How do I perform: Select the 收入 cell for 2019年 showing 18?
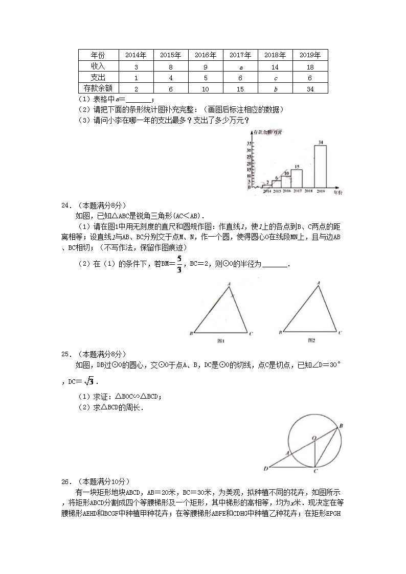[x=310, y=66]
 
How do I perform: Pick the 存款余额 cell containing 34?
[x=310, y=88]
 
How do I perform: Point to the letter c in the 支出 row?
[x=275, y=78]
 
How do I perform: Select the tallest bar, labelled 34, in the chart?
[x=320, y=166]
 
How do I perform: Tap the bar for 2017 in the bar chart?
[x=296, y=178]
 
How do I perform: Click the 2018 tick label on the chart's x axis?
[x=308, y=191]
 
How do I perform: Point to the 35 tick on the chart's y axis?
[x=249, y=143]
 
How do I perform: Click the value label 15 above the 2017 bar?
[x=296, y=166]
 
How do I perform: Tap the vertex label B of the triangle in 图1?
[x=191, y=334]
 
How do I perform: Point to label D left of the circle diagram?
[x=266, y=469]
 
